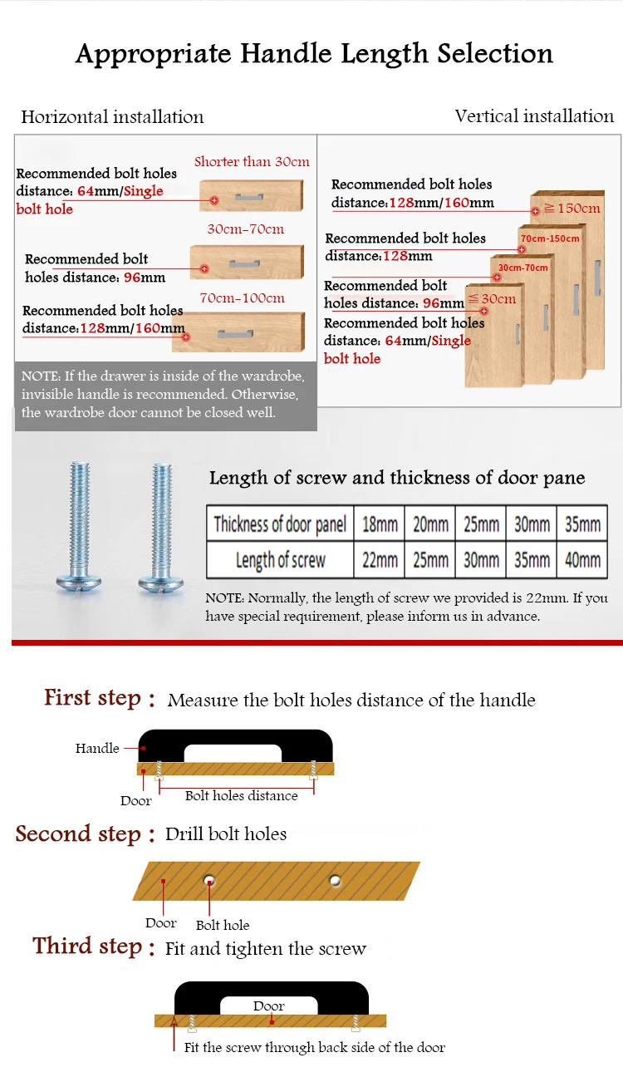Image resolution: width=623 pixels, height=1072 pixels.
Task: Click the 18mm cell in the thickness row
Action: click(x=380, y=524)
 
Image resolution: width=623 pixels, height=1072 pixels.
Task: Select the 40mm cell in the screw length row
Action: click(x=582, y=560)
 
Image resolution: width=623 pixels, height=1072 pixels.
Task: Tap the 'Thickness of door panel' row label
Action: click(x=280, y=524)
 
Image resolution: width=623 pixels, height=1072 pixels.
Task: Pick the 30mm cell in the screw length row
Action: click(x=481, y=560)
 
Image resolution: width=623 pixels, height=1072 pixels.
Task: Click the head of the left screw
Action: click(x=78, y=583)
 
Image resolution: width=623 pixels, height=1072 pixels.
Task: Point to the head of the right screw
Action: click(x=161, y=583)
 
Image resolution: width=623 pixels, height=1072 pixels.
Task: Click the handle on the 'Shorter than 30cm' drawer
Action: click(x=249, y=197)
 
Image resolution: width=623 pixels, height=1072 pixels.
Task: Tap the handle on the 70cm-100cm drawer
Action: click(x=235, y=333)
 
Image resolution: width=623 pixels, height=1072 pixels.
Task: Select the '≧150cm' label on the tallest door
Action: click(x=572, y=209)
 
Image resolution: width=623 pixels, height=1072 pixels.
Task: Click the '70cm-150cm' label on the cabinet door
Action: click(x=550, y=238)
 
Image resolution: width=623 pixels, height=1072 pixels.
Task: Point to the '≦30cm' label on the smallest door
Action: click(x=492, y=298)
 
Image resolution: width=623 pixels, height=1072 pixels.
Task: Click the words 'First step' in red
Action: click(x=92, y=698)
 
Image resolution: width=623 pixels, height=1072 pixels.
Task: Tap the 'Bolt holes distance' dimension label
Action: click(x=241, y=795)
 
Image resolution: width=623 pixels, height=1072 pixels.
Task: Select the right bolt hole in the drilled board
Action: click(x=335, y=881)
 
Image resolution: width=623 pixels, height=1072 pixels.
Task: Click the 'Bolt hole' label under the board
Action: click(x=223, y=925)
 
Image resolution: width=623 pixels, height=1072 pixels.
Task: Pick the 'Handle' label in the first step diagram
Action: click(x=97, y=748)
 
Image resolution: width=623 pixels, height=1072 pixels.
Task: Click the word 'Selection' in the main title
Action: click(x=495, y=52)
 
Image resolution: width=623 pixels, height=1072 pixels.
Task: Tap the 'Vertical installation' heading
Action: click(x=534, y=116)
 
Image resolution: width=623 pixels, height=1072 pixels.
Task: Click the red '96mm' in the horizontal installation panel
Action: click(x=144, y=277)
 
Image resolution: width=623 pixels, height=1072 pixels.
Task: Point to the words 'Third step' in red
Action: click(x=87, y=947)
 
